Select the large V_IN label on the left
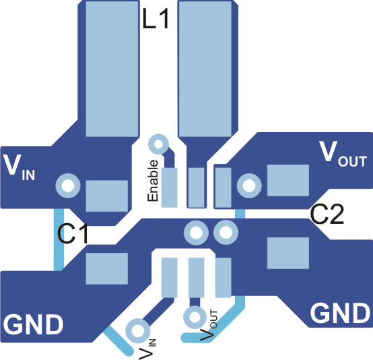(x=19, y=166)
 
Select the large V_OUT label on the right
(x=343, y=154)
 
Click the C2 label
(x=327, y=214)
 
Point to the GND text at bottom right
(x=340, y=313)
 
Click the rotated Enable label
(x=154, y=181)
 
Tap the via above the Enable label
(x=158, y=144)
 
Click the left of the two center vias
(x=196, y=233)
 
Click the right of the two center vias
(x=224, y=233)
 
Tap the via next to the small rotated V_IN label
(x=138, y=330)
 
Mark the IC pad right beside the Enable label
(x=170, y=188)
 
